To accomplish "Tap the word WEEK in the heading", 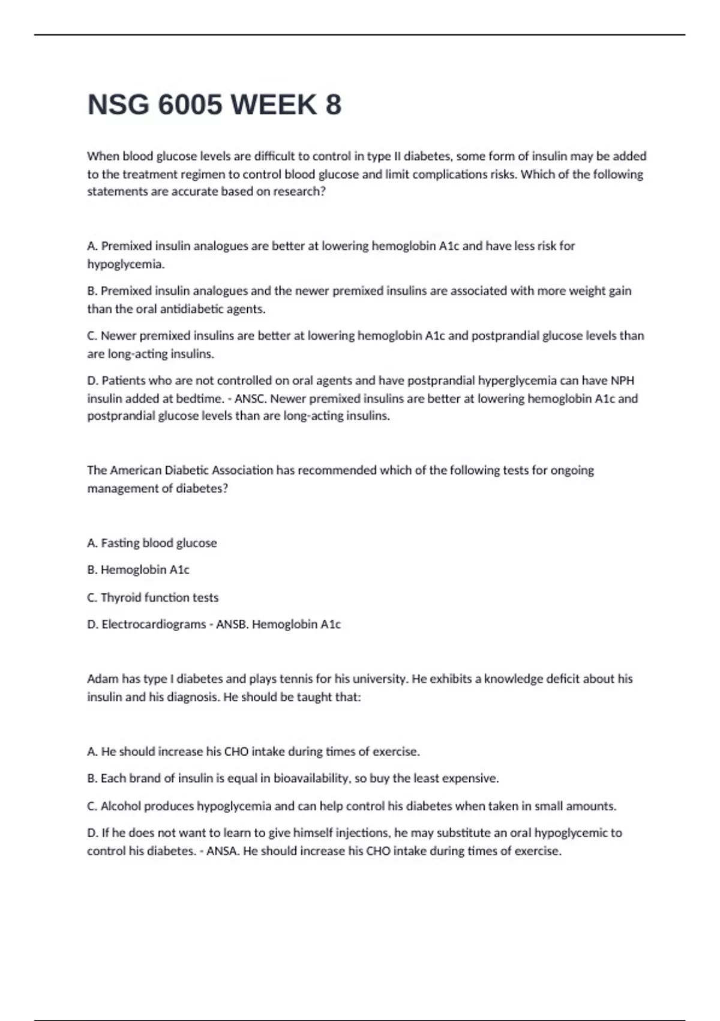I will click(274, 105).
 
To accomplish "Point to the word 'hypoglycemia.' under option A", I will click(125, 264).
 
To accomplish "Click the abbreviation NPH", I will click(622, 380).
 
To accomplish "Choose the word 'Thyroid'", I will click(120, 598).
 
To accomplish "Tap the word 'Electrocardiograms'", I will click(154, 624).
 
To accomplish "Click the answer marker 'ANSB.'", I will click(232, 624).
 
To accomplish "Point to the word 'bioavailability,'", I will click(312, 778).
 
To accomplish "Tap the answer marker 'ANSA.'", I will click(223, 851).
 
